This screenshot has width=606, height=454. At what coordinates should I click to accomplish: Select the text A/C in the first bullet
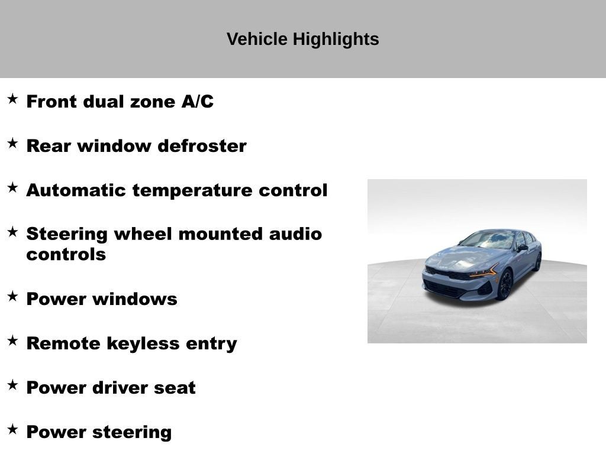[x=197, y=102]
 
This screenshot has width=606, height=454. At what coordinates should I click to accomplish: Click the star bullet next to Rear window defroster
[x=12, y=143]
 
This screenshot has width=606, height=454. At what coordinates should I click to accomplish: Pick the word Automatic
[x=76, y=190]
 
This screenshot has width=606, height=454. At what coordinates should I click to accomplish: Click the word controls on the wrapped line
[x=66, y=255]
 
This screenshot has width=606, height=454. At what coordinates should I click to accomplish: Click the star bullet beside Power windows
[x=12, y=296]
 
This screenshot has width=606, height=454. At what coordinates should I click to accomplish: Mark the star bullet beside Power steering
[x=12, y=429]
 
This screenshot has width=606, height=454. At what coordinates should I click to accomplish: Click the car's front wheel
[x=505, y=286]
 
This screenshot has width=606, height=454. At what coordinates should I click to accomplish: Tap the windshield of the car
[x=490, y=239]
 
